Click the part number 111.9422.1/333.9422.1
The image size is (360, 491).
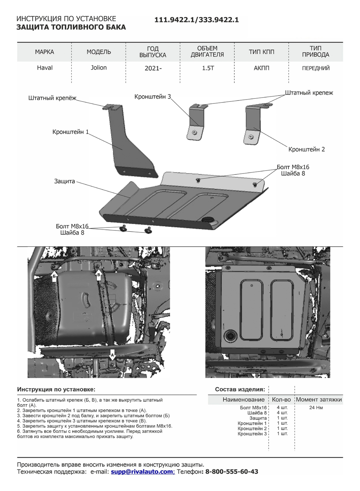click(x=196, y=20)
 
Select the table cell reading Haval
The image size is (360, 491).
click(x=45, y=68)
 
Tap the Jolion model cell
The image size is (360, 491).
click(x=99, y=68)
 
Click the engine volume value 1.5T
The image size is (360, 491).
click(x=207, y=68)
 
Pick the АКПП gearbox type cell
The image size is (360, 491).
click(x=261, y=68)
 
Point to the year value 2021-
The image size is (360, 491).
click(x=153, y=68)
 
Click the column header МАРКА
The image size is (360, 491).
click(x=45, y=52)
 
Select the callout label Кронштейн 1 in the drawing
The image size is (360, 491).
click(x=70, y=132)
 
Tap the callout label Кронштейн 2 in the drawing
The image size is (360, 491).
click(x=306, y=150)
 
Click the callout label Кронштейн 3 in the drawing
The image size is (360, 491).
click(x=153, y=97)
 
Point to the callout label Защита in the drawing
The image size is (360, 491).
click(x=64, y=181)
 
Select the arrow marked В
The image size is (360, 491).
click(x=99, y=274)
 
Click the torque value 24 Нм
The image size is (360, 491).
click(x=316, y=408)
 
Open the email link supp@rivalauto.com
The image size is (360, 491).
click(x=142, y=472)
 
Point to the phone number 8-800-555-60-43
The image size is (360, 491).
click(x=232, y=472)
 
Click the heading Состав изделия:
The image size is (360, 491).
click(x=240, y=390)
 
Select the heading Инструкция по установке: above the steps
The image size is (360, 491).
click(x=56, y=390)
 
